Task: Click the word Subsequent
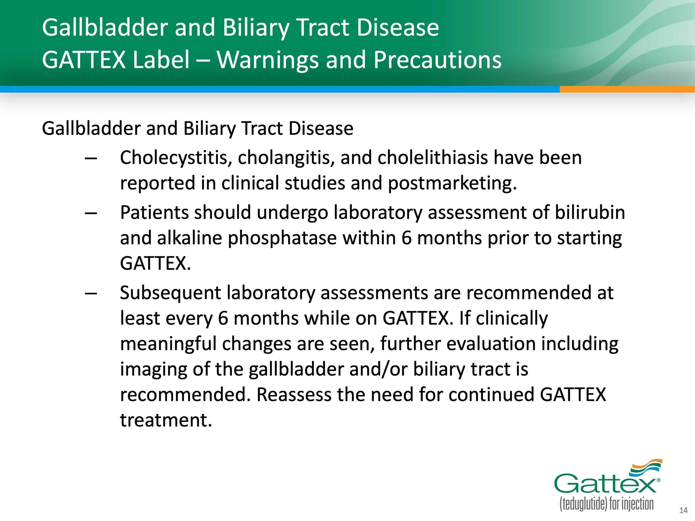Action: click(x=170, y=293)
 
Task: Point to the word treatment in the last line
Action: click(x=166, y=420)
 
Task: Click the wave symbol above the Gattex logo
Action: click(x=646, y=467)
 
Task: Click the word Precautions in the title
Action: click(x=437, y=60)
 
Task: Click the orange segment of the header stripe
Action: click(x=627, y=89)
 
